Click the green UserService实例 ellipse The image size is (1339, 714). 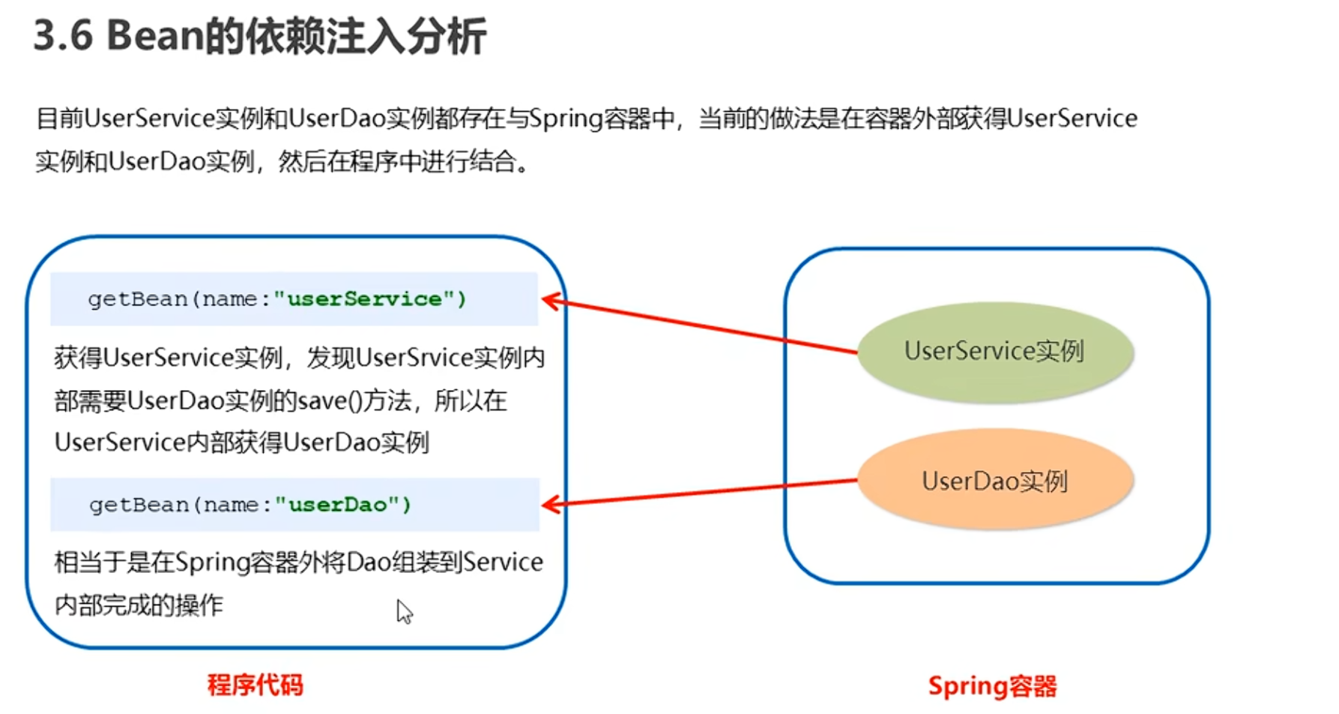pos(994,351)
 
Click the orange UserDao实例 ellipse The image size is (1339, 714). pos(994,481)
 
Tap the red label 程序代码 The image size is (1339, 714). pos(255,685)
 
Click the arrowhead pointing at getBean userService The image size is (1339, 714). pos(550,301)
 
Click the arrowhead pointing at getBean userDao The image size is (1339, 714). pos(550,505)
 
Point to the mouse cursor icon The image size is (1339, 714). pos(403,610)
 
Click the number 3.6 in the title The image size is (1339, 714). pos(63,36)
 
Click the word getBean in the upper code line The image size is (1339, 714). pos(138,299)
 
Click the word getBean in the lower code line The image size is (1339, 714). pos(139,505)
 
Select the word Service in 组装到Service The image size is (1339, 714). pos(503,562)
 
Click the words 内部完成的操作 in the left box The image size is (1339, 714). pos(139,604)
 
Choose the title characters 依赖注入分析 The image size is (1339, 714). pos(365,36)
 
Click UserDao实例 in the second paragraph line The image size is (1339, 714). pos(181,161)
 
